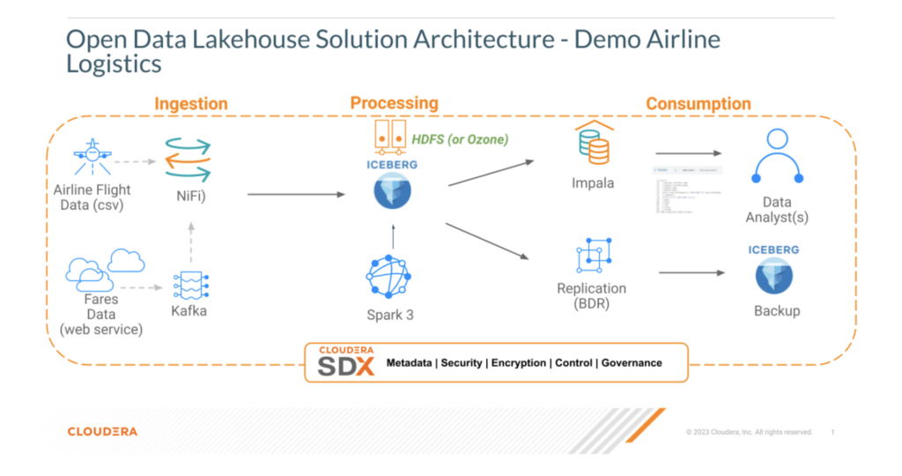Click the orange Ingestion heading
pos(191,104)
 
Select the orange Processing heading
pos(394,103)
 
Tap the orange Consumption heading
pos(698,104)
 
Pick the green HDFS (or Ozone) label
pos(461,138)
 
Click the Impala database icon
pos(594,144)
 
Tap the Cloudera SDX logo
pos(345,361)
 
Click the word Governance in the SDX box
pos(631,362)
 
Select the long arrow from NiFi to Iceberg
pos(295,194)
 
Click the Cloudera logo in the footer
pos(102,431)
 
